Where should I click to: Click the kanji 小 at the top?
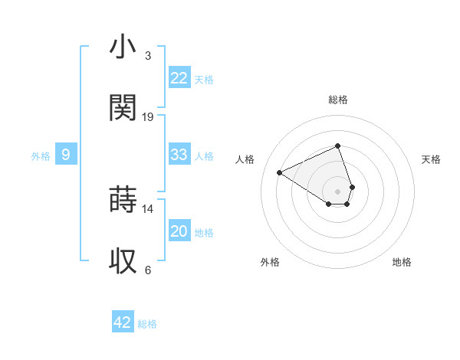click(x=123, y=47)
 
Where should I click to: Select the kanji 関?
click(x=123, y=107)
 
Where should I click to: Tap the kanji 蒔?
click(x=123, y=199)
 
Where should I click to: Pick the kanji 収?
click(x=123, y=260)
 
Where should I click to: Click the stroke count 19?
click(x=148, y=117)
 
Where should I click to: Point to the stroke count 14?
click(x=148, y=208)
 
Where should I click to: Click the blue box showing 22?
click(x=179, y=78)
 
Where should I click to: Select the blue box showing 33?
click(x=179, y=155)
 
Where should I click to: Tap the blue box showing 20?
click(x=179, y=231)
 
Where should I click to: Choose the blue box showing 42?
click(x=123, y=322)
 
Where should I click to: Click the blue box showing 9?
click(x=66, y=155)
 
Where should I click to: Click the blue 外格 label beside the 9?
click(x=41, y=156)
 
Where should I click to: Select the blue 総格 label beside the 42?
click(x=147, y=324)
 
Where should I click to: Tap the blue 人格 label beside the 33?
click(x=204, y=156)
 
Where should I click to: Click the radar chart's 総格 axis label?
click(x=338, y=100)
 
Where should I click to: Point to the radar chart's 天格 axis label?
click(x=432, y=159)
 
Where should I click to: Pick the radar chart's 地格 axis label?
click(x=402, y=262)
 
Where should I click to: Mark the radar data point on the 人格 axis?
click(x=280, y=172)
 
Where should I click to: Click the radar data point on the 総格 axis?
click(x=338, y=146)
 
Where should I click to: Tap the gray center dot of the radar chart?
click(x=338, y=191)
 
